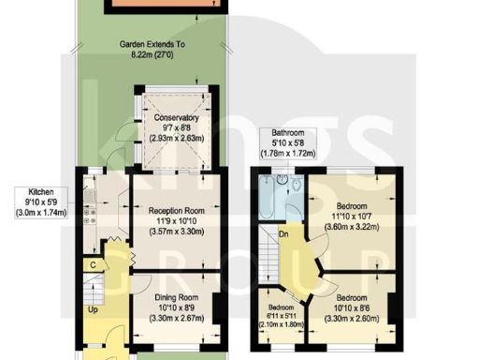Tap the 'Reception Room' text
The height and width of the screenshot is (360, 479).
[177, 211]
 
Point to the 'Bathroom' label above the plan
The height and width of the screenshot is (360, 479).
[287, 133]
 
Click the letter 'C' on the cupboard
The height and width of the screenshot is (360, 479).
[94, 265]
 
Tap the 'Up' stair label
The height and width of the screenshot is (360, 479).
[92, 309]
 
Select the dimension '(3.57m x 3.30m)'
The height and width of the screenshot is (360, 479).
[177, 232]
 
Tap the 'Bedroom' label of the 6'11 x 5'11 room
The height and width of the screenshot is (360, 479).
[278, 307]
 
